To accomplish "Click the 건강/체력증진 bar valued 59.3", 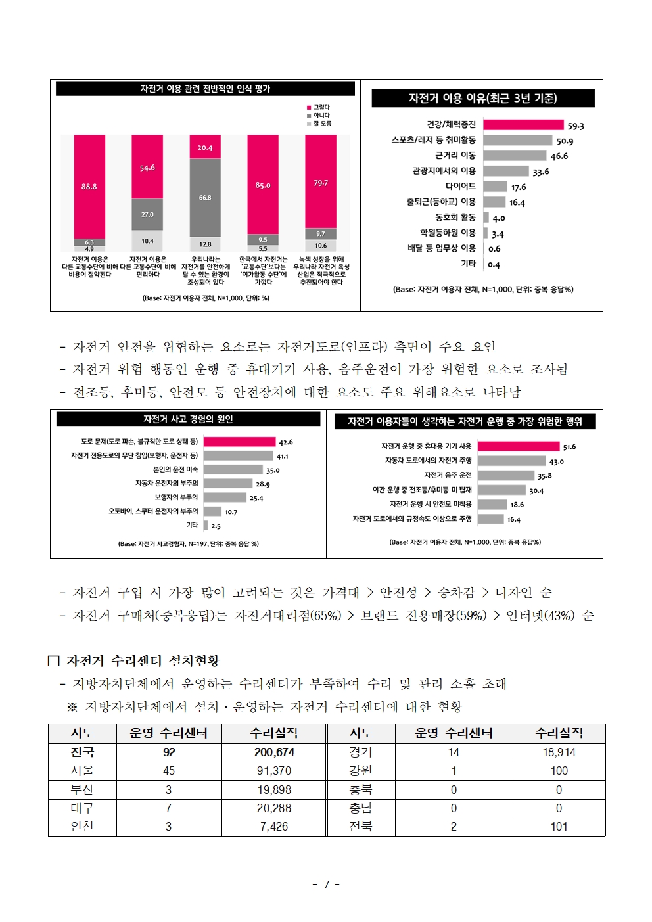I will [523, 125].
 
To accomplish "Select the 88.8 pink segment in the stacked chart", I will [89, 187].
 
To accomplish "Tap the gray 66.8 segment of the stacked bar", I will [205, 197].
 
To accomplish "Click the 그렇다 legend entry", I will [319, 107].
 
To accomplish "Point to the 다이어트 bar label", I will [460, 187].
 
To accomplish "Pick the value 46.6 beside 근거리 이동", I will [559, 156].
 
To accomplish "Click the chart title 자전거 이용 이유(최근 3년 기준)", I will [482, 99].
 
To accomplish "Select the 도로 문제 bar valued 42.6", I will [239, 442].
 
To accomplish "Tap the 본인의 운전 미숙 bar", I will [233, 470].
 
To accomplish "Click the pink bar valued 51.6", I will [518, 446].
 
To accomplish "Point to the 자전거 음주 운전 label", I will [448, 475].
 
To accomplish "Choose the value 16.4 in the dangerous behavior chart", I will [514, 520].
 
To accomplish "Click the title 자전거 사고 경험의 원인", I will [188, 419].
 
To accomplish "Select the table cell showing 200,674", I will [274, 752].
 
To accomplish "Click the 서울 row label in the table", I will [82, 771].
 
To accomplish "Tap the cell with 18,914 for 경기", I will [559, 752].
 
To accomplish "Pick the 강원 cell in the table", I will [361, 771].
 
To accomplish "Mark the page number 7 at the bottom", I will [326, 885].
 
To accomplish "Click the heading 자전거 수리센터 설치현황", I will [143, 661].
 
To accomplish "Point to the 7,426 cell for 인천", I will [274, 827].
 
